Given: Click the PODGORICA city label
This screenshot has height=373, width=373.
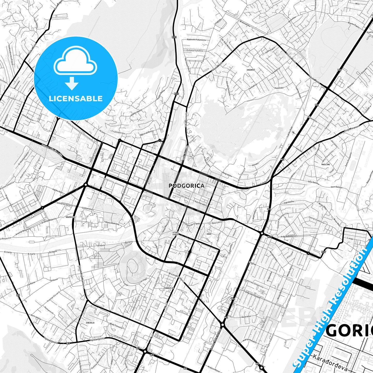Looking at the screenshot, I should (x=186, y=186).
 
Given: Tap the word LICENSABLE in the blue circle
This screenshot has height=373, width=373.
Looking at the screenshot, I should (x=76, y=98).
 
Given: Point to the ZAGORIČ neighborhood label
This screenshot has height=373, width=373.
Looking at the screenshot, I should (x=251, y=70).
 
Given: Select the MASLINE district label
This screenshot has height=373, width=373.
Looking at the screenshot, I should (x=326, y=164).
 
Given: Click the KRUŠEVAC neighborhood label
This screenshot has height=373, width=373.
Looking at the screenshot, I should (x=71, y=217).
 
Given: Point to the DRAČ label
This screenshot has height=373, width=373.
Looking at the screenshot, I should (x=209, y=234).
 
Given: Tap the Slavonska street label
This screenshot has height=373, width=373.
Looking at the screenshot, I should (x=279, y=88).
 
